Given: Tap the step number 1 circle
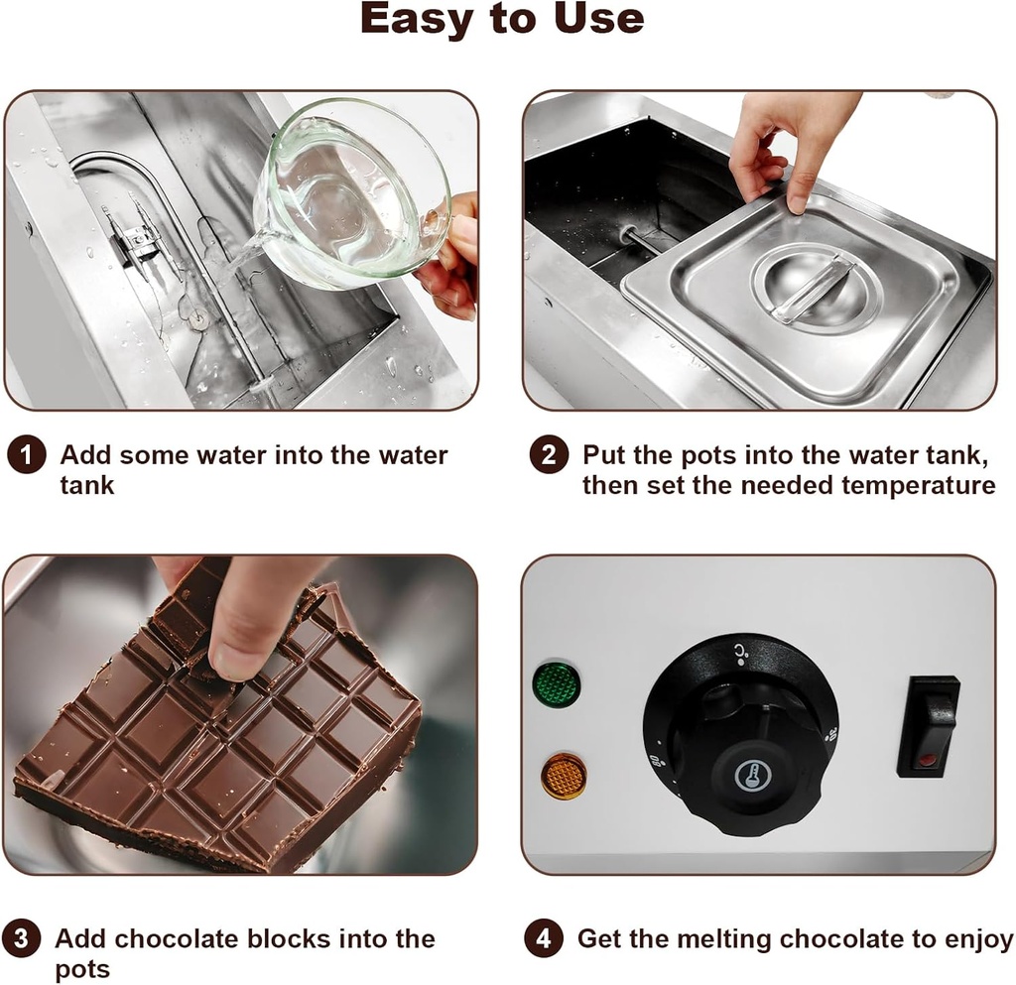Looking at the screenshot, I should pos(26,456).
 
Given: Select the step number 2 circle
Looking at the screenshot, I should pos(548,456).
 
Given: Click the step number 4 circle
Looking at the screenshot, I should pos(543,938).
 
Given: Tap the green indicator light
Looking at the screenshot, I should pos(557,684).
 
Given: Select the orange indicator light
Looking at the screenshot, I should pos(563,776).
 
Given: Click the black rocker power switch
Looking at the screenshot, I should pos(928,726).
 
